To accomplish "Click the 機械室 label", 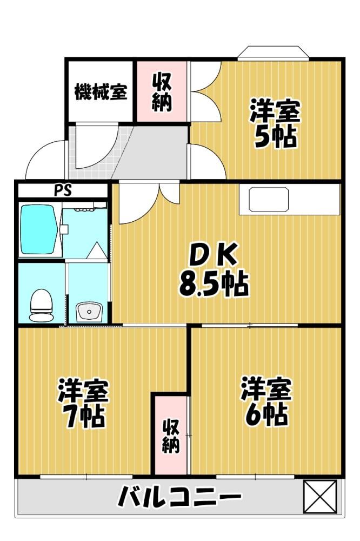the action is (x=101, y=92).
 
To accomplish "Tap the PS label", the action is (x=62, y=190).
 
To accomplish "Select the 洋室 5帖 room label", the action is (x=275, y=123).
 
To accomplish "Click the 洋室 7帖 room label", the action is (x=83, y=404).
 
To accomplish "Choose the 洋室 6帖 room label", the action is (x=266, y=401).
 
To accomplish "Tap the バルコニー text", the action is (x=179, y=497).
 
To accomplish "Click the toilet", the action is (x=42, y=305).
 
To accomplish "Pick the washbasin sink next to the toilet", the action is (x=89, y=312).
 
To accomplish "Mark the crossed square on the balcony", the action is (x=319, y=497).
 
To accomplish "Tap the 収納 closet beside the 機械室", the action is (x=161, y=92).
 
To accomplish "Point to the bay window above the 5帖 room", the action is (x=273, y=54).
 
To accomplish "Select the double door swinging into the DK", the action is (x=149, y=202).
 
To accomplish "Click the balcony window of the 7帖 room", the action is (x=86, y=477).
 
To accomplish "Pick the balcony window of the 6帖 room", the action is (x=255, y=477).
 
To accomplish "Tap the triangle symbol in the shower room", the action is (x=96, y=250).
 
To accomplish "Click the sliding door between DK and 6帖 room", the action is (x=250, y=325).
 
